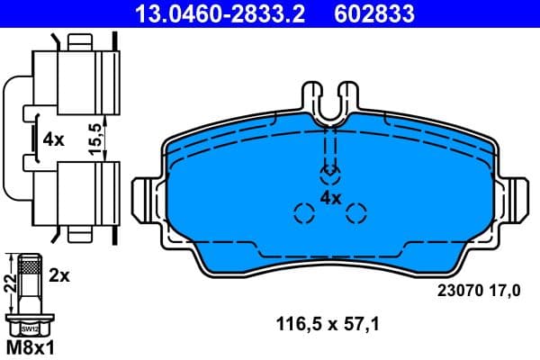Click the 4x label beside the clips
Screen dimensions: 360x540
coord(53,139)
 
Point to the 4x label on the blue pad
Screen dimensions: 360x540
coord(330,197)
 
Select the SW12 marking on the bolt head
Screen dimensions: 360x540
coord(30,328)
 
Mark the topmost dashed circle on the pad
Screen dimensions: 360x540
coord(330,172)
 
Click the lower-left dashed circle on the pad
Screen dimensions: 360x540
coord(304,213)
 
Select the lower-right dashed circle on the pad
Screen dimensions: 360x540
coord(356,213)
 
